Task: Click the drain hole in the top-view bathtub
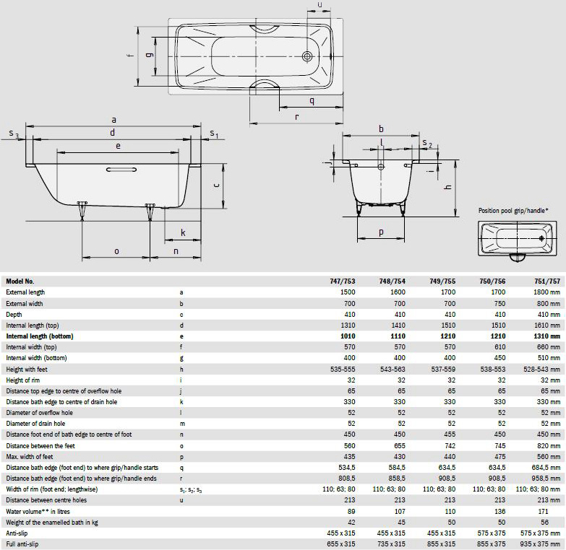307,56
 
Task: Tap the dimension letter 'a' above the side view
113,120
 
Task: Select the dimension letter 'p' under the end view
381,233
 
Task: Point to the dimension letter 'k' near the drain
183,233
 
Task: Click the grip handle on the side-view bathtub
121,170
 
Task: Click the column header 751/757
547,281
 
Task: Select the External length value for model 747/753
348,292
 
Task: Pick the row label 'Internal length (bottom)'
40,336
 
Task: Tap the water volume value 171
543,512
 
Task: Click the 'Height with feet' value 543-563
393,370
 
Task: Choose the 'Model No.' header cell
20,281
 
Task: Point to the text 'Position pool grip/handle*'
513,211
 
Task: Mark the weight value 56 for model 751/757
544,523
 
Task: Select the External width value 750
500,303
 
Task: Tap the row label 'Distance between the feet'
40,446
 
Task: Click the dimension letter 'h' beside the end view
448,187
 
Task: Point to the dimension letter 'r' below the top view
296,117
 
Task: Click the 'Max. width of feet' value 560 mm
549,457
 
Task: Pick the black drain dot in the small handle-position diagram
541,238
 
